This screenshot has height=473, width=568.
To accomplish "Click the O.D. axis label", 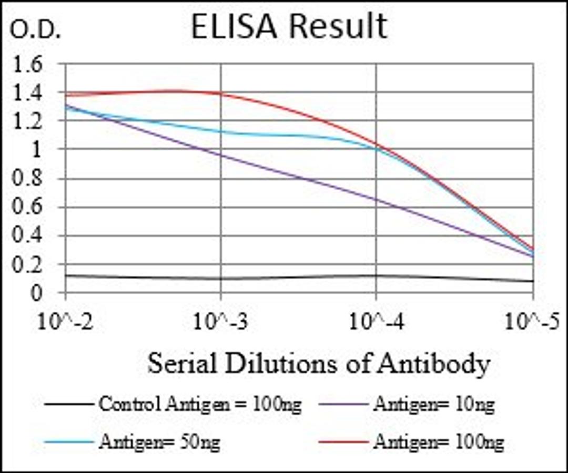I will click(x=36, y=31).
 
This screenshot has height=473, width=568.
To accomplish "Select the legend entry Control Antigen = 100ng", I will click(x=200, y=405).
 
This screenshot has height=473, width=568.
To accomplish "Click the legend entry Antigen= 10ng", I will click(x=433, y=405).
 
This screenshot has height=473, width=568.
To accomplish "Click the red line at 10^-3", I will click(x=221, y=94).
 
